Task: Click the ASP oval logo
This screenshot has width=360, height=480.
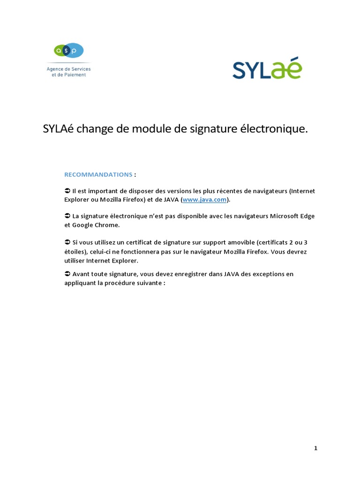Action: pyautogui.click(x=69, y=50)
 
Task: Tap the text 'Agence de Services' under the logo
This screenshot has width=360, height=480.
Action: pyautogui.click(x=68, y=69)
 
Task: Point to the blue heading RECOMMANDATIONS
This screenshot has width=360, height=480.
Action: pyautogui.click(x=98, y=174)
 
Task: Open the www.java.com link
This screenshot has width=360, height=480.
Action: pyautogui.click(x=205, y=200)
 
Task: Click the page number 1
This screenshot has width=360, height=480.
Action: pyautogui.click(x=315, y=448)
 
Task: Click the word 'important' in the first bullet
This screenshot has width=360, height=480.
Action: pyautogui.click(x=105, y=191)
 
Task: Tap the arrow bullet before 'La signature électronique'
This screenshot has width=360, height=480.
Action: pyautogui.click(x=67, y=216)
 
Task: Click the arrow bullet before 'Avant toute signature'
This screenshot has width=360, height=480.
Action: pyautogui.click(x=67, y=274)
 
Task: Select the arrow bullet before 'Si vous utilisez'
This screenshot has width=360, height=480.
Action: pyautogui.click(x=67, y=242)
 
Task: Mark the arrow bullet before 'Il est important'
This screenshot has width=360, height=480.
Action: pyautogui.click(x=67, y=191)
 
